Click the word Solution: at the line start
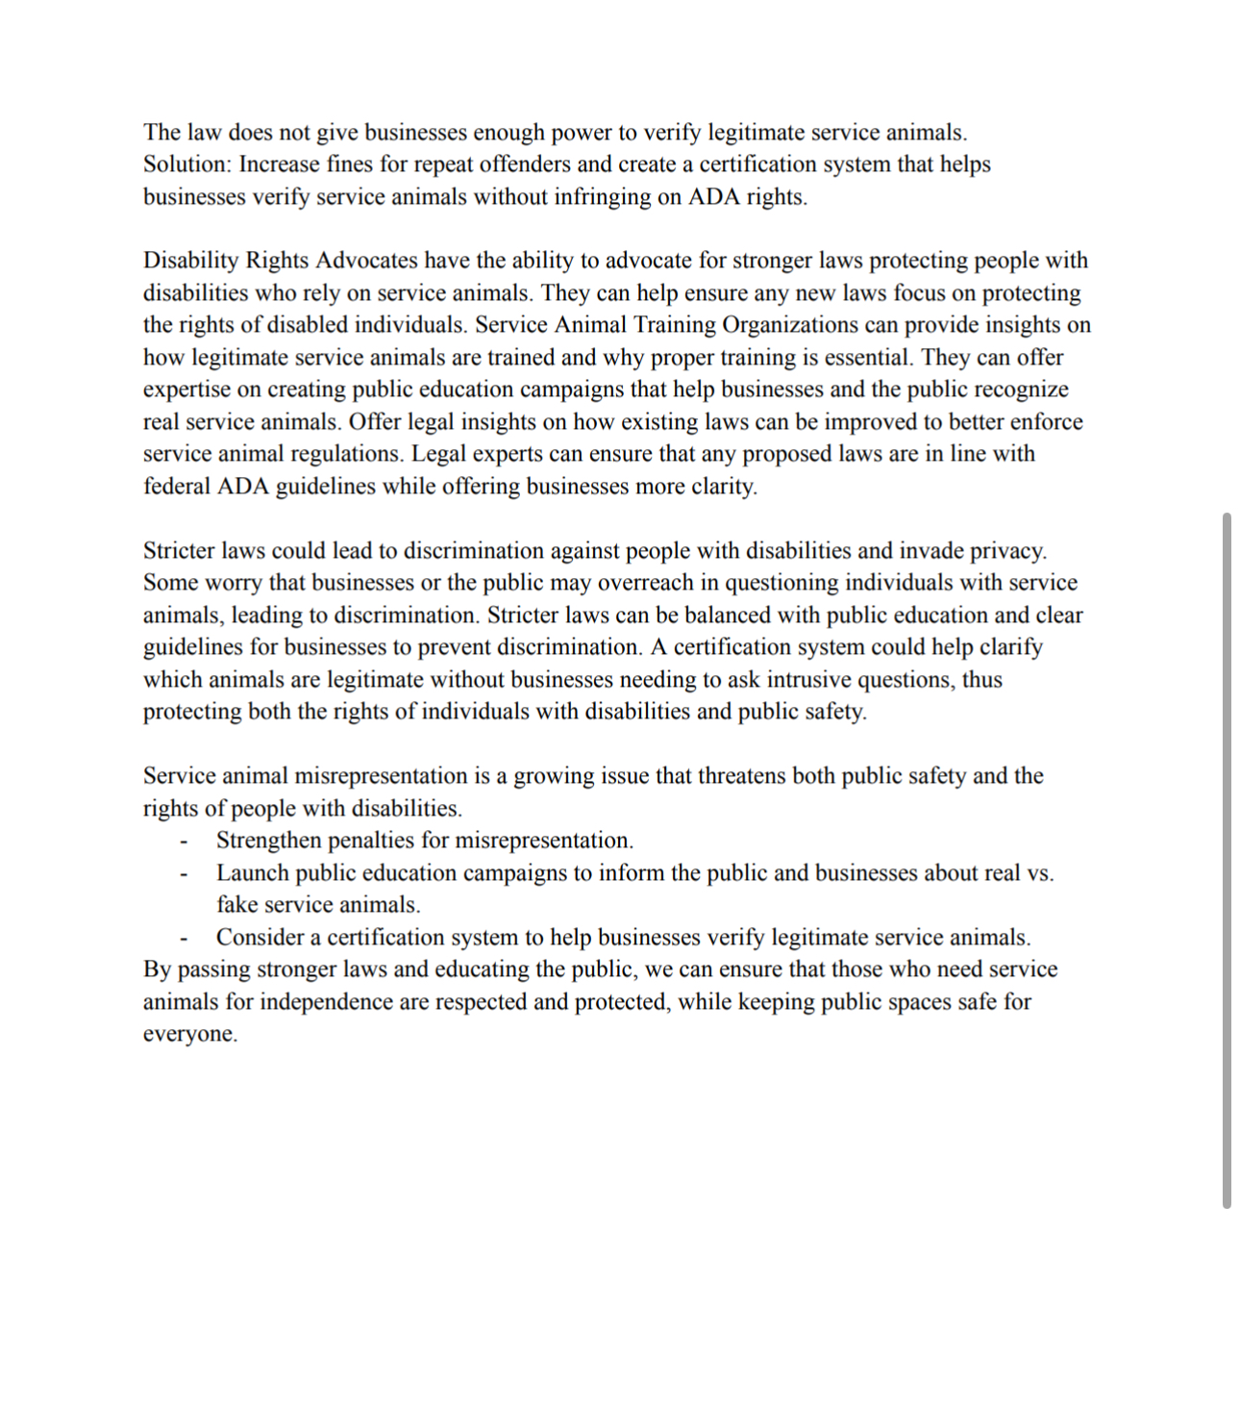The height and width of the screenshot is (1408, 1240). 187,164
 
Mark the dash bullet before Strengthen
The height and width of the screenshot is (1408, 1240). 183,842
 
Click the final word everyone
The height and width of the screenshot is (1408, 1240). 189,1035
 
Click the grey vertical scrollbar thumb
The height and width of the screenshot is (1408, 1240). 1227,861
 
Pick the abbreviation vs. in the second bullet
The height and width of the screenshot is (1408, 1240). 1039,873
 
